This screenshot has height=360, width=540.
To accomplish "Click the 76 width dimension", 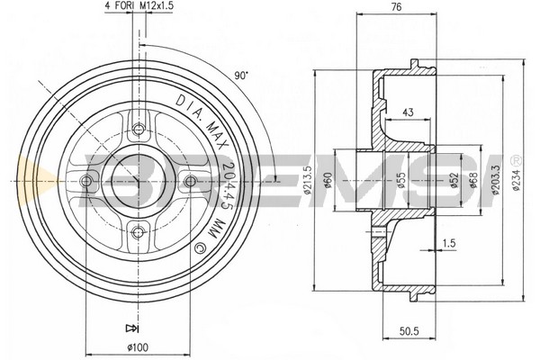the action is click(x=397, y=7).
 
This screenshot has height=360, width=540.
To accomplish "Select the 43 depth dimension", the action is click(x=408, y=112).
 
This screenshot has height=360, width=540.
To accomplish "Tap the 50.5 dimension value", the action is click(x=409, y=331).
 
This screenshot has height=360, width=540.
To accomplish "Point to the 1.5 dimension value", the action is click(x=449, y=243).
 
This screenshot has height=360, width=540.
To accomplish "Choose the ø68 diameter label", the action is click(x=474, y=180).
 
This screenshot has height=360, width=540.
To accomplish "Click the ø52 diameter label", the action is click(x=454, y=180).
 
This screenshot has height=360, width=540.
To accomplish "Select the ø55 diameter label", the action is click(x=400, y=180).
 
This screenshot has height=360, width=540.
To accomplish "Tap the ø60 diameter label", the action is click(x=328, y=180).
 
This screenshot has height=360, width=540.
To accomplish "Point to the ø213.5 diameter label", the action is click(x=308, y=180).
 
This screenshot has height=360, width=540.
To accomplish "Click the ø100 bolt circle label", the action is click(x=138, y=347).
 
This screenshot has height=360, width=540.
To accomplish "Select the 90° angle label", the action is click(x=241, y=75).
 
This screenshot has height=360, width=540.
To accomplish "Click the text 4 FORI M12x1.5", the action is click(x=139, y=5).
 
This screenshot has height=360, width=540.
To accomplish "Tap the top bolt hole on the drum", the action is click(x=139, y=130).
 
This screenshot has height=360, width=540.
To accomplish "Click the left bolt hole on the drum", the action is click(x=86, y=181).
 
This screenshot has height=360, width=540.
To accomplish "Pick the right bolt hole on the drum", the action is click(x=191, y=181).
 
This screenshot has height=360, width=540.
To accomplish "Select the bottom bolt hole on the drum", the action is click(x=139, y=232).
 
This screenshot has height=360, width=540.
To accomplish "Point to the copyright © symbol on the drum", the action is click(x=200, y=248).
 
